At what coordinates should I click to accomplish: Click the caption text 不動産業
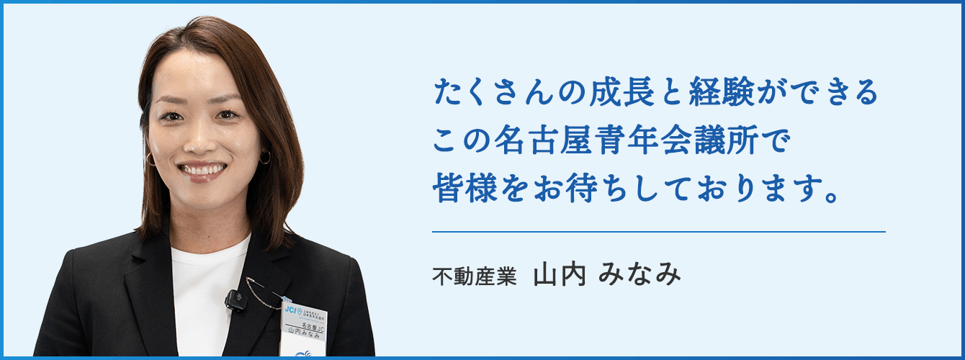(475, 277)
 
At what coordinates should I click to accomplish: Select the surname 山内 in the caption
(560, 276)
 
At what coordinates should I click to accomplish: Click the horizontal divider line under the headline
(658, 232)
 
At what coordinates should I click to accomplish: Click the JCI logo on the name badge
(290, 309)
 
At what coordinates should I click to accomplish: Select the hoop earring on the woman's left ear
(265, 157)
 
